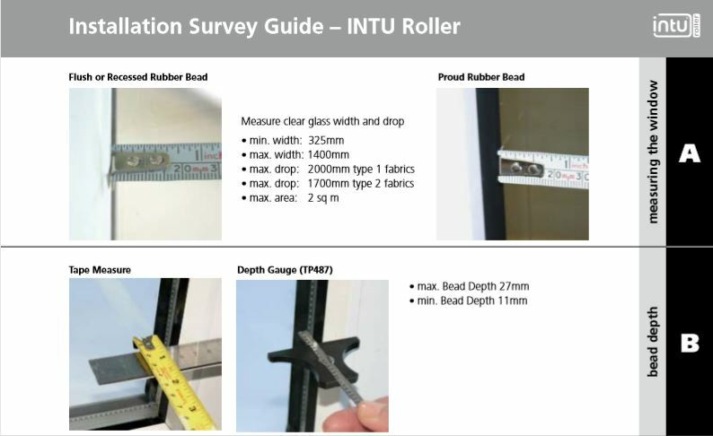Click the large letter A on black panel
coord(689,153)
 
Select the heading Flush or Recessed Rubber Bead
coord(137,77)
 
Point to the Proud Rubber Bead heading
coord(480,77)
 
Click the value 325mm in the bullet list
coord(326,141)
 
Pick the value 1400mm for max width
coord(329,155)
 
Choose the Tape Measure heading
coord(100,269)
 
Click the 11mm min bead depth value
coord(511,301)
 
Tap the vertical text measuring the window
coord(653,152)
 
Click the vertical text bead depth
coord(653,343)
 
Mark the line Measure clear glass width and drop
coord(322,121)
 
